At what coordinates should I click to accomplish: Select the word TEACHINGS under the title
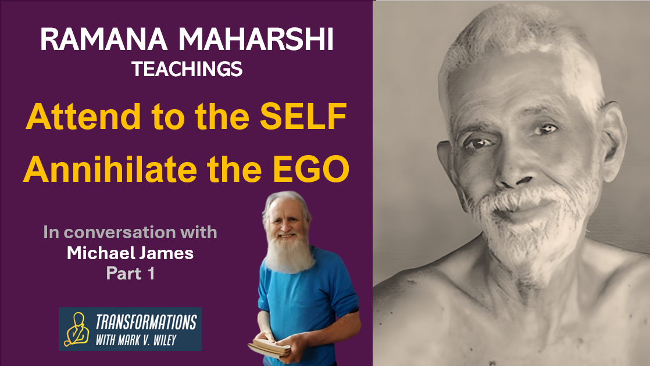click(x=187, y=70)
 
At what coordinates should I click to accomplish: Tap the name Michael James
click(x=130, y=253)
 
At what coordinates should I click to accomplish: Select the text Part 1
click(x=130, y=273)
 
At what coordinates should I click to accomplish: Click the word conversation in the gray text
click(x=140, y=233)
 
